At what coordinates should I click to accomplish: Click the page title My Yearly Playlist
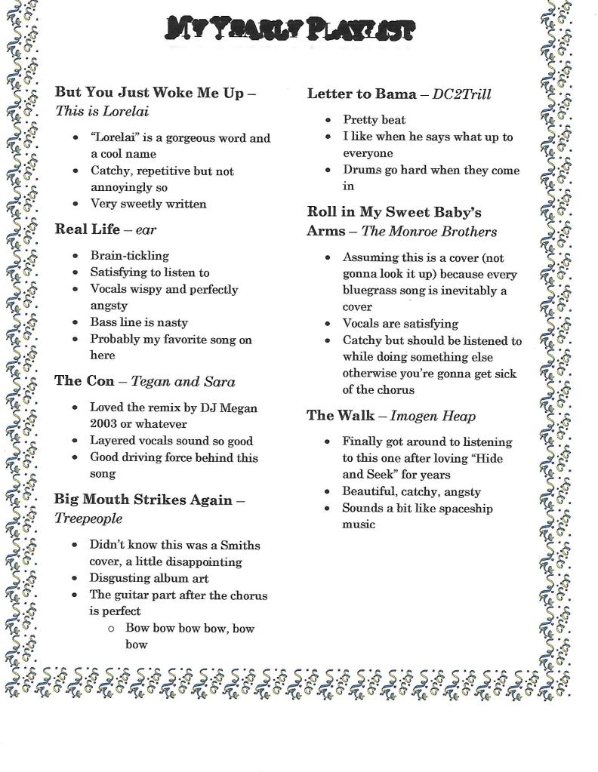(x=289, y=29)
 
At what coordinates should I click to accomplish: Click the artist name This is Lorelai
(x=102, y=112)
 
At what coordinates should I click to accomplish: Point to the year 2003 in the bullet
(x=103, y=424)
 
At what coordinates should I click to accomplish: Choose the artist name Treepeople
(x=88, y=519)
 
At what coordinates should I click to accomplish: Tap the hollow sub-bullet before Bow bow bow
(x=110, y=628)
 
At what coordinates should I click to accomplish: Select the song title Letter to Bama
(x=361, y=94)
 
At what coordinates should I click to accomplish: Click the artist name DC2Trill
(x=461, y=95)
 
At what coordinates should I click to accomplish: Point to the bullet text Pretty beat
(x=374, y=119)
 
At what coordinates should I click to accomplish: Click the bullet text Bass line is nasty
(x=139, y=322)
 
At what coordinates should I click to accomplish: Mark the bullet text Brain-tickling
(x=130, y=256)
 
